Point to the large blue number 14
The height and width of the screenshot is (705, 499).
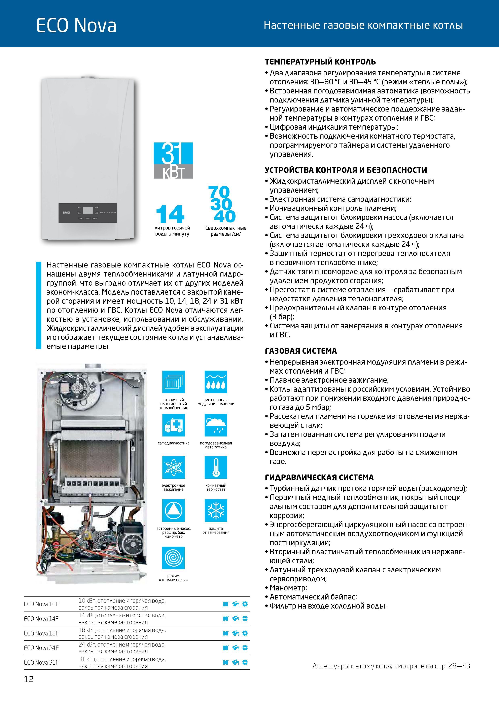[x=170, y=214]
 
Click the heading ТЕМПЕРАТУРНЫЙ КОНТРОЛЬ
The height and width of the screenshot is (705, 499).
[x=320, y=62]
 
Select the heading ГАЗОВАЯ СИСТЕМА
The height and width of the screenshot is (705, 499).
[x=301, y=351]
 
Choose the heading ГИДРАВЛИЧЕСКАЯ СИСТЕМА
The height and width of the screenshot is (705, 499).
[x=319, y=478]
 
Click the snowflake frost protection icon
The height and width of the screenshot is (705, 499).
[x=216, y=511]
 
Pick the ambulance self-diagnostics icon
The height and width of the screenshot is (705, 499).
[x=173, y=425]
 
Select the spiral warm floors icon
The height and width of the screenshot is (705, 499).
[x=173, y=558]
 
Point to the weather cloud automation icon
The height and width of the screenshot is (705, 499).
[x=216, y=425]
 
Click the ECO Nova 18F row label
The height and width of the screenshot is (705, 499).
[x=41, y=633]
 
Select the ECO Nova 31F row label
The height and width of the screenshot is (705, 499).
[x=41, y=663]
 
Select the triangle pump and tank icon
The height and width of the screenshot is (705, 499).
[x=173, y=511]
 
